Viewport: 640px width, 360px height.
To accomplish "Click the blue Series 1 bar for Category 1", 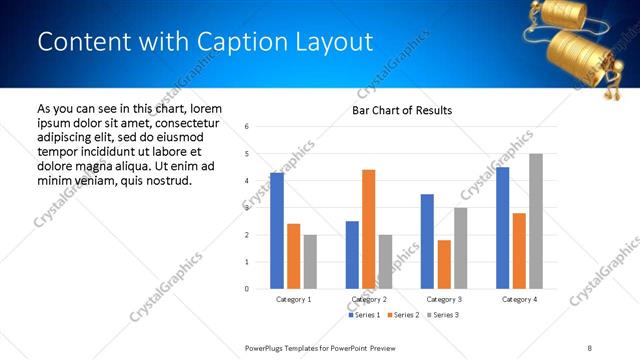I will pyautogui.click(x=277, y=231).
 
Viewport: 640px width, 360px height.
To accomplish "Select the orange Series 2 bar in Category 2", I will pyautogui.click(x=369, y=229).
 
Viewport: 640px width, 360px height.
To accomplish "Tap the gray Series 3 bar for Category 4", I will pyautogui.click(x=536, y=221).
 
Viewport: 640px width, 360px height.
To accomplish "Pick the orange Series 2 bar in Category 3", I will pyautogui.click(x=444, y=264).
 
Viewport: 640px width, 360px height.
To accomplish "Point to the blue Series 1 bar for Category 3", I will pyautogui.click(x=427, y=241).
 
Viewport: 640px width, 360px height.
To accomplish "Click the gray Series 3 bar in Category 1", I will pyautogui.click(x=310, y=262).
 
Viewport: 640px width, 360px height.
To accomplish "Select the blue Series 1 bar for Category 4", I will pyautogui.click(x=502, y=228).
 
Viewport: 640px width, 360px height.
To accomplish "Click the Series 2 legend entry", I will pyautogui.click(x=403, y=315).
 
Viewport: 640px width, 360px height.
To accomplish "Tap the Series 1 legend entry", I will pyautogui.click(x=363, y=315).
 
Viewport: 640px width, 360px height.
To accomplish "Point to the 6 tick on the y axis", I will pyautogui.click(x=247, y=126).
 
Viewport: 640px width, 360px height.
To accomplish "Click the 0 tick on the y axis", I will pyautogui.click(x=247, y=289).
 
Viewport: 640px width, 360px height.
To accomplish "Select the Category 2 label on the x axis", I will pyautogui.click(x=369, y=299).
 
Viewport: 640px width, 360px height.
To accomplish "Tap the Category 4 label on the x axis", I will pyautogui.click(x=519, y=299).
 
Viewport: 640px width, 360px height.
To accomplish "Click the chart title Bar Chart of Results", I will pyautogui.click(x=402, y=110).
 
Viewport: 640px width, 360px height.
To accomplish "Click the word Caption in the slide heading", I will pyautogui.click(x=236, y=42).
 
